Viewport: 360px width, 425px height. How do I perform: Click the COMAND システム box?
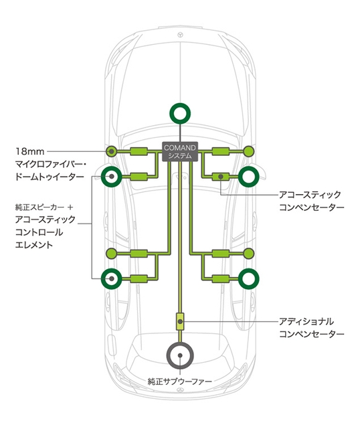[x=179, y=151]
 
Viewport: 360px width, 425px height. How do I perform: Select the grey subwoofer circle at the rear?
[x=179, y=356]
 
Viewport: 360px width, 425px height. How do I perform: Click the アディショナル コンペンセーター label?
[x=310, y=327]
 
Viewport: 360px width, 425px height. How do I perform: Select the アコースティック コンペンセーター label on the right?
[x=310, y=201]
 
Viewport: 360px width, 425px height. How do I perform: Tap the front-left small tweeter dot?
[x=111, y=151]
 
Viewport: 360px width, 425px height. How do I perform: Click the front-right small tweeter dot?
[x=248, y=151]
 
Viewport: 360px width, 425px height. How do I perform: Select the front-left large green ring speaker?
[x=111, y=177]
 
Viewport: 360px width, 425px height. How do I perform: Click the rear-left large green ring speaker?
[x=111, y=278]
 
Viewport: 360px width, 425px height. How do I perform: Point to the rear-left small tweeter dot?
[x=111, y=253]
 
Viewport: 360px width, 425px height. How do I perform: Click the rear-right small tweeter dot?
[x=248, y=253]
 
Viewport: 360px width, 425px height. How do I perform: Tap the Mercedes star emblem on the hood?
[x=179, y=33]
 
